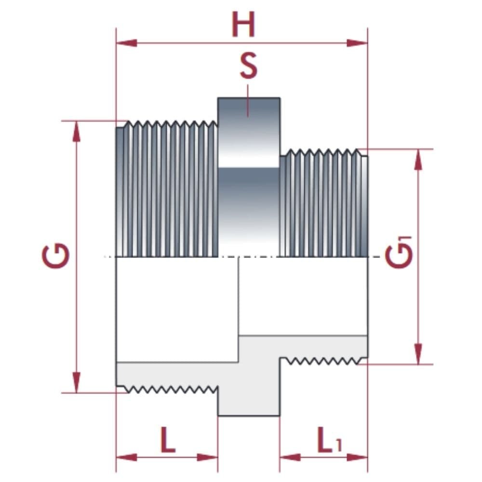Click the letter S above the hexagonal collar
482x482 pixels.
(x=249, y=67)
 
